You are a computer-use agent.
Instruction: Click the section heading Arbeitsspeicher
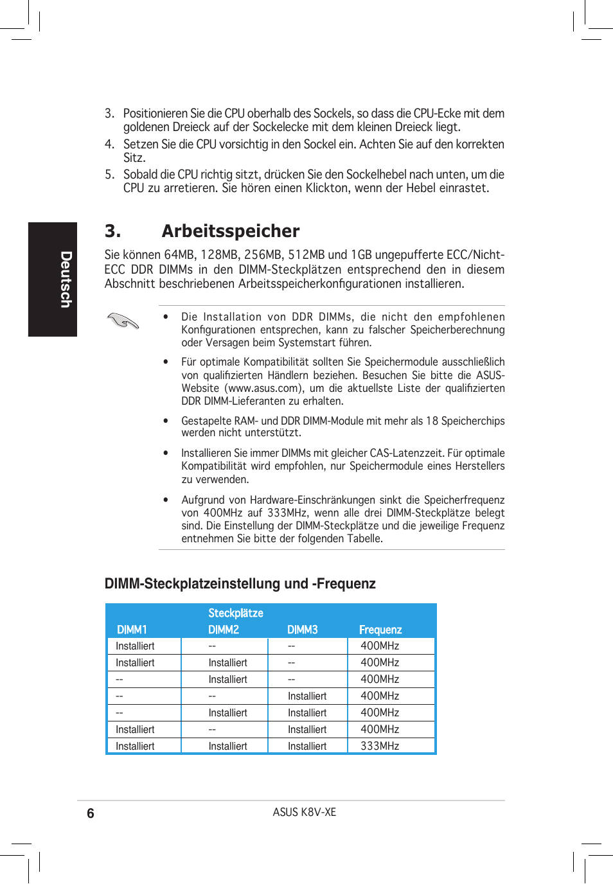pyautogui.click(x=230, y=231)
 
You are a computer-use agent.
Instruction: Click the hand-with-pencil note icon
pyautogui.click(x=123, y=320)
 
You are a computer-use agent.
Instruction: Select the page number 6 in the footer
pyautogui.click(x=91, y=813)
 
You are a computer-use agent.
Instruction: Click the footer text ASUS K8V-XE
pyautogui.click(x=304, y=812)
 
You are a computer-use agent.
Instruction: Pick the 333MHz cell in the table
pyautogui.click(x=380, y=746)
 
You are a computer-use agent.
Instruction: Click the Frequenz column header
pyautogui.click(x=380, y=630)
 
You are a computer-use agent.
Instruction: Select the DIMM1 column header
pyautogui.click(x=132, y=630)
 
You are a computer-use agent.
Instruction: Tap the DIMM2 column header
pyautogui.click(x=224, y=630)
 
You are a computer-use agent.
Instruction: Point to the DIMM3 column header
pyautogui.click(x=303, y=630)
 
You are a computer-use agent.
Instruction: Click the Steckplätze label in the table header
pyautogui.click(x=235, y=613)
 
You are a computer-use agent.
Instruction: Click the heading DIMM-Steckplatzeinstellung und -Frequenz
pyautogui.click(x=240, y=583)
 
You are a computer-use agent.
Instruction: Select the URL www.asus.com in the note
pyautogui.click(x=263, y=388)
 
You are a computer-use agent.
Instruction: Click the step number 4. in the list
pyautogui.click(x=109, y=145)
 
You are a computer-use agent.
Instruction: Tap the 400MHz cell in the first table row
pyautogui.click(x=380, y=646)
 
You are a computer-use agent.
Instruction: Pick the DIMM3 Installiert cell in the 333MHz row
pyautogui.click(x=307, y=746)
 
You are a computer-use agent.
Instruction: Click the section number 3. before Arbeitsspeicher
pyautogui.click(x=112, y=231)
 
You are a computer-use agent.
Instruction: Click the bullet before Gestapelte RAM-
pyautogui.click(x=166, y=421)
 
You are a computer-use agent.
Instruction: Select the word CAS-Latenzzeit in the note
pyautogui.click(x=407, y=453)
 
